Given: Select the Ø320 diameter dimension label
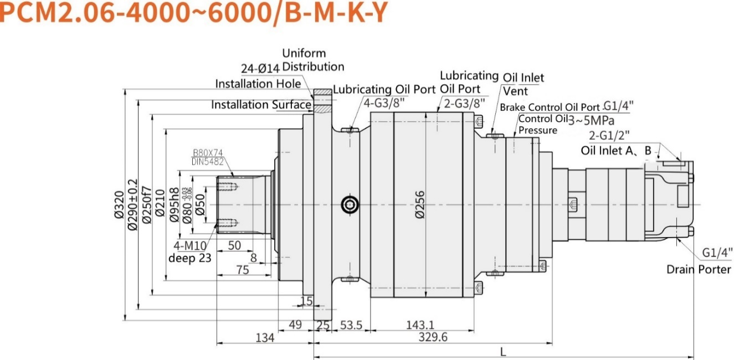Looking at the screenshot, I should pos(118,205).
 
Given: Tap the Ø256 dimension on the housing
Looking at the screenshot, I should pos(420,205).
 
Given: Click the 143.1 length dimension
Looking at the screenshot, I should pos(420,325).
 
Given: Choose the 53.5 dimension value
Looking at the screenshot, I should pos(351,325).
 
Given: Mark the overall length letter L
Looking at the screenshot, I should pos(502,351).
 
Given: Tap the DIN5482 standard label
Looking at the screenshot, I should pos(207,161).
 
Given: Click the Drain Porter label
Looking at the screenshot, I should pos(699,270).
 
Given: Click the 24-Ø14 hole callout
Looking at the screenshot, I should pos(260,69).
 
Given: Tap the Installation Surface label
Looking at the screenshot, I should pos(261,105).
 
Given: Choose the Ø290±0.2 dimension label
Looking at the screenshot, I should pos(132,205).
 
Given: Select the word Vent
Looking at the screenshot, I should pos(515,91).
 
